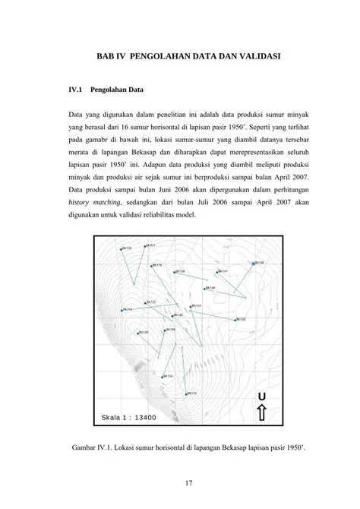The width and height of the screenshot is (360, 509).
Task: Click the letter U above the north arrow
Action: point(261,397)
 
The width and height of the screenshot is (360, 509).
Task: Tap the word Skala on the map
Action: point(111,417)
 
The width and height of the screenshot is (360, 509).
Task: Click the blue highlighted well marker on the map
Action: point(253,264)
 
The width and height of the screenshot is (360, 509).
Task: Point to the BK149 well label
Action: point(211,289)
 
